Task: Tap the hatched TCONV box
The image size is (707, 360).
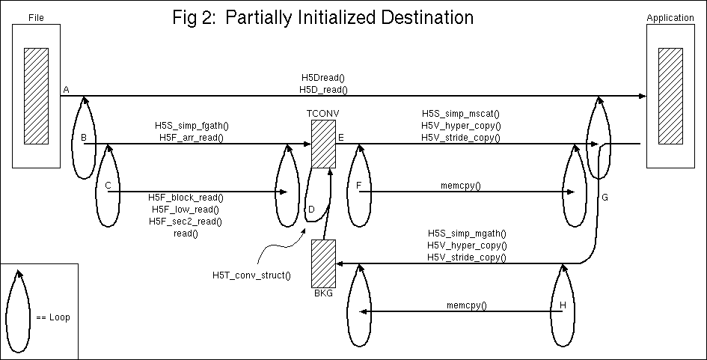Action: [x=323, y=144]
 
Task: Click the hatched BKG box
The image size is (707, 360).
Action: [x=324, y=263]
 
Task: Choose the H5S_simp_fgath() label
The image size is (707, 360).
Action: [x=192, y=125]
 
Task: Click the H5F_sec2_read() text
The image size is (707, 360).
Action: [x=186, y=222]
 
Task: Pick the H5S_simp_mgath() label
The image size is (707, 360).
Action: [x=467, y=234]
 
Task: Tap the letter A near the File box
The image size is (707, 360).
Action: [x=67, y=90]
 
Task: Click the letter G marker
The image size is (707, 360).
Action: [x=605, y=197]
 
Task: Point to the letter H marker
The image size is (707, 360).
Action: [x=563, y=305]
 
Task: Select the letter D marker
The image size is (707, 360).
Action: [x=312, y=210]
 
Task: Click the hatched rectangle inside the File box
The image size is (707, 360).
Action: [x=36, y=91]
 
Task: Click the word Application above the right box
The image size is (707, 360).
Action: [x=669, y=17]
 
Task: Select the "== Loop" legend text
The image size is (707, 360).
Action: [x=53, y=317]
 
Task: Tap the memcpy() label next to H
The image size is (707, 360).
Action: [x=466, y=305]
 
